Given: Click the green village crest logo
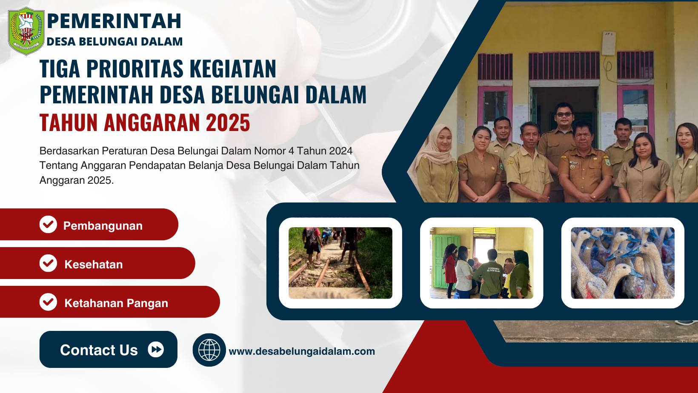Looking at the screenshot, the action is point(26,31).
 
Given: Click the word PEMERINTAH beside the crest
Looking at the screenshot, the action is point(114,21).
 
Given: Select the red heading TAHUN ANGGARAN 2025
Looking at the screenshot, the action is point(145,122).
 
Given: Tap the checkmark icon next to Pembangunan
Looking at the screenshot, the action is point(48,224).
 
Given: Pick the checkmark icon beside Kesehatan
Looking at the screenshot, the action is point(48,263).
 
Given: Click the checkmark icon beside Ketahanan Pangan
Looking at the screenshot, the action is point(48,302).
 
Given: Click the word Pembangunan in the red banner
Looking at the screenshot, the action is point(103,226).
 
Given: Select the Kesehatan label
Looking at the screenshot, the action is point(94,265).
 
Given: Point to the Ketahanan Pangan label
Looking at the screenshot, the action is point(116,303).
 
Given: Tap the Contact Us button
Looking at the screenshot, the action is point(109,349).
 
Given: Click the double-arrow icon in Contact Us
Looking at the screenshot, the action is point(156,349).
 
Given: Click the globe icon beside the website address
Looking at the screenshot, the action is point(209,350).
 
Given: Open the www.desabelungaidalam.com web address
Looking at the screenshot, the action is point(302,351).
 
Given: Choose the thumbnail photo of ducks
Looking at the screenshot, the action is point(623,263).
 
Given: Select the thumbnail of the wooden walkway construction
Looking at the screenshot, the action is point(340,263).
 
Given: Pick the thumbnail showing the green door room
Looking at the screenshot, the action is point(481,263).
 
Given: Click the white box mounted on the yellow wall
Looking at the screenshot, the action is point(609,43).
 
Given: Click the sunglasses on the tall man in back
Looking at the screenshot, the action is point(564,114).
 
